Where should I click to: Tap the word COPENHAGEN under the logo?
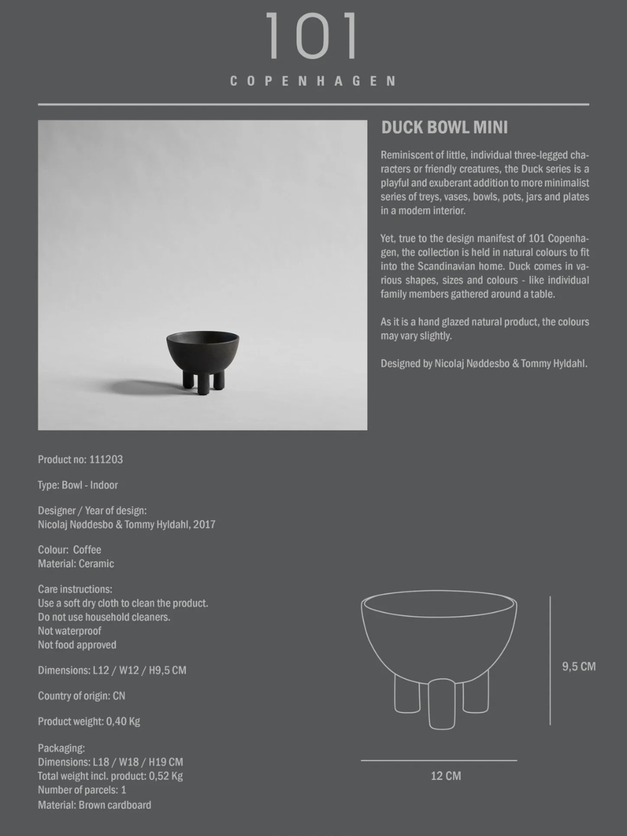click(x=313, y=81)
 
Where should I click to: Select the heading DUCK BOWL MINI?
click(x=444, y=127)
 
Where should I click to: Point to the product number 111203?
click(x=106, y=460)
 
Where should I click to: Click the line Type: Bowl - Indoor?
click(x=78, y=485)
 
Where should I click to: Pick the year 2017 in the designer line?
click(x=205, y=524)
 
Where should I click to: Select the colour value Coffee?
click(x=87, y=550)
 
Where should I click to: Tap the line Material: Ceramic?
click(x=76, y=564)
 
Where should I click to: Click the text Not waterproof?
click(x=70, y=631)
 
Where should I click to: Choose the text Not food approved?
click(x=77, y=645)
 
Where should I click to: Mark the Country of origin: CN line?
click(x=82, y=695)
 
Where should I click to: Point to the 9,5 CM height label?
click(x=579, y=666)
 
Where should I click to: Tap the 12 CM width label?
click(x=446, y=776)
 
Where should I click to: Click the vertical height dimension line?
click(x=550, y=661)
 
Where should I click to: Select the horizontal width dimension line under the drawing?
click(x=439, y=760)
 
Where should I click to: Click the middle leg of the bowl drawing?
click(x=441, y=704)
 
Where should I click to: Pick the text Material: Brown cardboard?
click(x=94, y=805)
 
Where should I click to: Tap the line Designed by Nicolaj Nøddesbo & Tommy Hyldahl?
click(x=484, y=364)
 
